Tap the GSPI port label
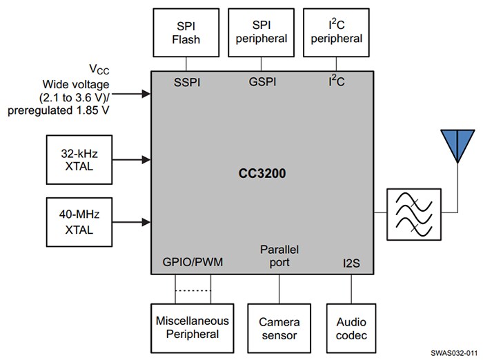click(x=262, y=81)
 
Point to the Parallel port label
click(x=279, y=255)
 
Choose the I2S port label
click(x=351, y=263)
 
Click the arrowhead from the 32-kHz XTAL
click(x=146, y=159)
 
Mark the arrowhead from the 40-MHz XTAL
click(x=146, y=221)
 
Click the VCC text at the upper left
click(x=98, y=69)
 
